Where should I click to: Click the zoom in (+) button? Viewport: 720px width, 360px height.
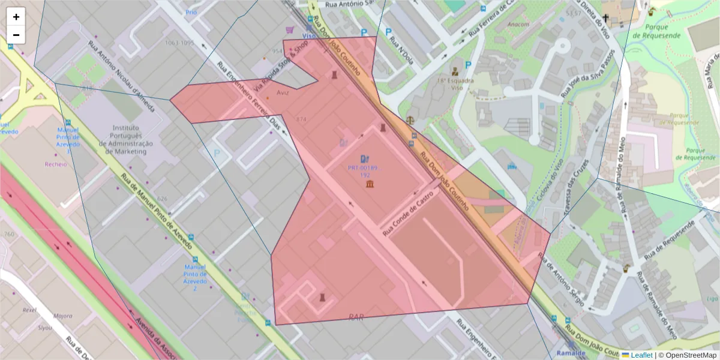16,17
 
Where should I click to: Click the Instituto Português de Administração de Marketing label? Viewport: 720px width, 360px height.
129,139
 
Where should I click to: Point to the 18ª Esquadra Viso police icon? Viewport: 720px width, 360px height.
455,71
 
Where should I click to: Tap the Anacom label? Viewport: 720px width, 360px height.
518,25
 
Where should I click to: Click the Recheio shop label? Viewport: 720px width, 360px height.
56,164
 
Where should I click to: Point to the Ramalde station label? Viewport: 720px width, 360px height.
571,353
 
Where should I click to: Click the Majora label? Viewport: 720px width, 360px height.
62,316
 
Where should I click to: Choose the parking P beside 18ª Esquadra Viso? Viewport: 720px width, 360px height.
468,65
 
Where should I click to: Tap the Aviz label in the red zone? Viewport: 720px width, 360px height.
283,93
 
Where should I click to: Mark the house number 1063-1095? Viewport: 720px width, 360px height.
180,43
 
